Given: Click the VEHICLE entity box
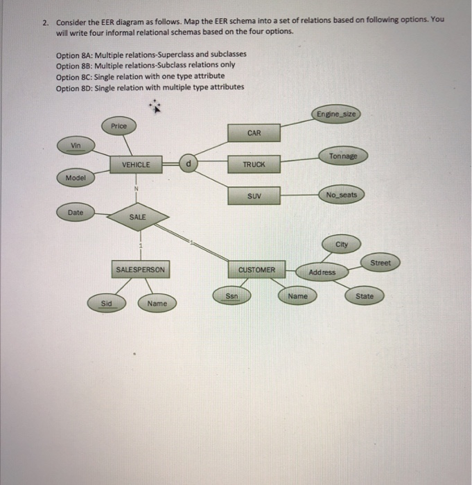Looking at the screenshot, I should coord(136,164).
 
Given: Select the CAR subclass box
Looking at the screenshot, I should coord(254,132).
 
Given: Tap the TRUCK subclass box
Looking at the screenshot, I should coord(254,164).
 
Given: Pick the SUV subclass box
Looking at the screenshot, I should coord(254,197).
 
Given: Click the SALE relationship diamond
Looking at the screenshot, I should coord(137,217).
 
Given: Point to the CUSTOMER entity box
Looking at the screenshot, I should coord(256,269).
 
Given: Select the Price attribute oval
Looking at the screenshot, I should coord(119,126).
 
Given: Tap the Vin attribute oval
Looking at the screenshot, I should coord(76,145).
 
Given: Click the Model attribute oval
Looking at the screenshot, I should coord(76,178).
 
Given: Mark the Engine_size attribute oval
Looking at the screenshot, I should coord(336,114).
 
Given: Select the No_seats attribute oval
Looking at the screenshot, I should coord(341,195).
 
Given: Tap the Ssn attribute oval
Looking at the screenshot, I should coord(232,296).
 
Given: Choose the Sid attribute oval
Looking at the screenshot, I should coord(106,303).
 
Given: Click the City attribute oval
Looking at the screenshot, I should coord(342,245).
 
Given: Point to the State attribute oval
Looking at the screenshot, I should coord(364,296).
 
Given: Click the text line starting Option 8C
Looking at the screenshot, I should coord(140,76).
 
